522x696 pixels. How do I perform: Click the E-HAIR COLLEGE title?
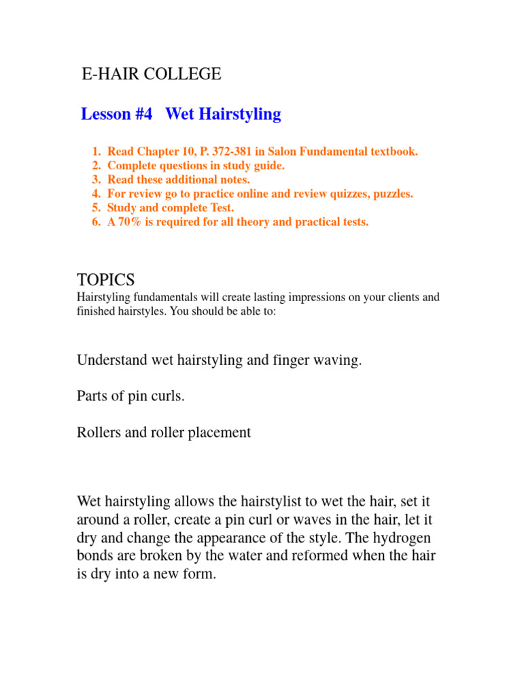[x=152, y=74]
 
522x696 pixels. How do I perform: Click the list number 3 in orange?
[x=96, y=179]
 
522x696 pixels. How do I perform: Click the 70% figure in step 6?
[x=133, y=222]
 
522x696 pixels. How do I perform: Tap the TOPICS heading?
[x=106, y=279]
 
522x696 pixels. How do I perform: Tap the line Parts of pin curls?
[x=130, y=396]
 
